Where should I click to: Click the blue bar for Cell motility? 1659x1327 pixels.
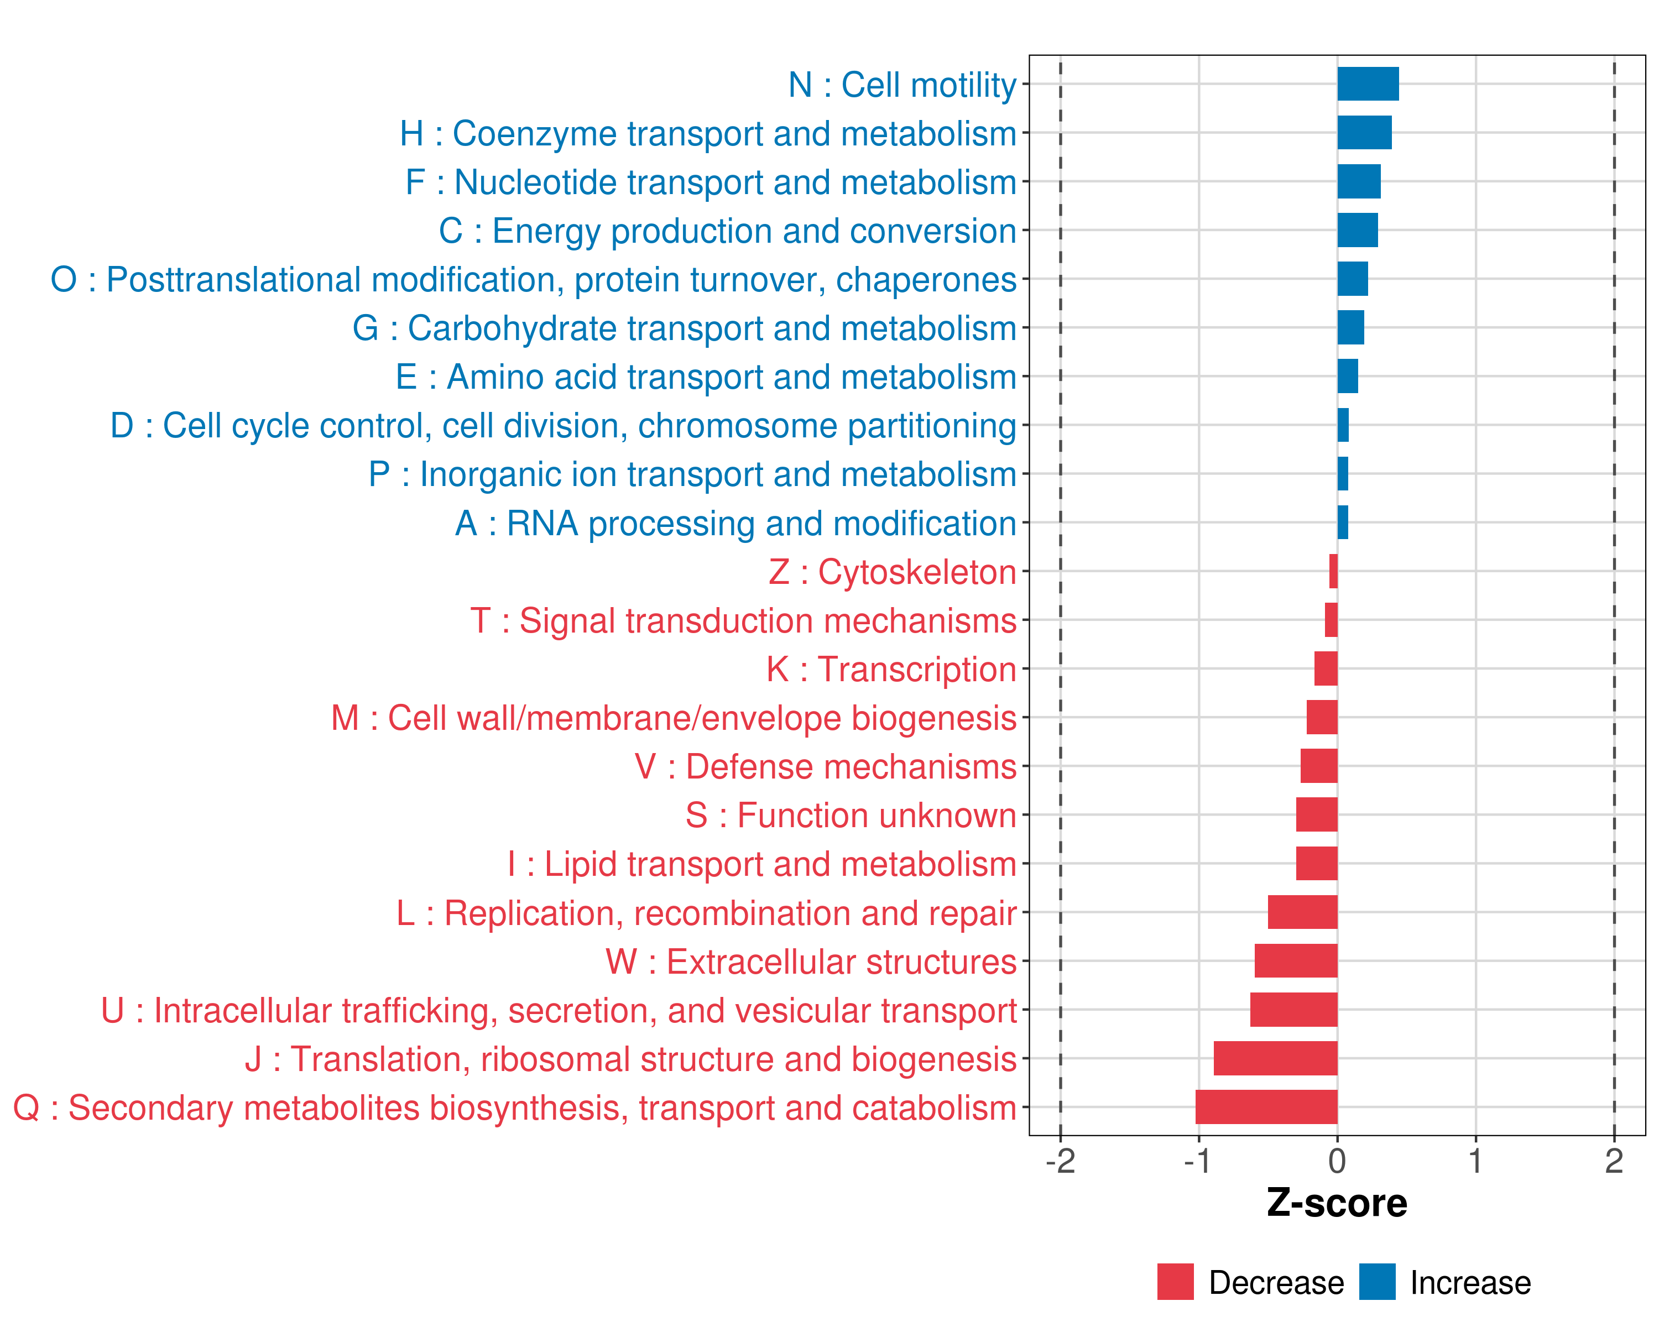[x=1368, y=84]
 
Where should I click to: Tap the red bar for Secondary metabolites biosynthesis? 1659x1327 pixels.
[x=1266, y=1107]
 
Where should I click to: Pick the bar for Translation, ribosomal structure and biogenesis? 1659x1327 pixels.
[x=1275, y=1058]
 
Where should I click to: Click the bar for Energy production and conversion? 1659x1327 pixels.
[x=1358, y=230]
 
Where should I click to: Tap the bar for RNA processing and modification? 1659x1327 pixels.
[x=1343, y=523]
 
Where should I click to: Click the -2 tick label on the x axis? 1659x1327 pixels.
[x=1060, y=1161]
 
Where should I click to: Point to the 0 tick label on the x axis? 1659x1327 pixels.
[x=1337, y=1161]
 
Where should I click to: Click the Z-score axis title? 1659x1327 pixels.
[x=1337, y=1203]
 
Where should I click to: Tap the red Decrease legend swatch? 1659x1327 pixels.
[x=1175, y=1282]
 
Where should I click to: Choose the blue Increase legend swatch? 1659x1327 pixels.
[x=1376, y=1282]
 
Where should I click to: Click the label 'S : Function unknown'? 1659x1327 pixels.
[x=851, y=816]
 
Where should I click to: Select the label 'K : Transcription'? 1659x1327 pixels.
[x=891, y=669]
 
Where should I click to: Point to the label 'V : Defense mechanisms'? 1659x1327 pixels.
[x=825, y=767]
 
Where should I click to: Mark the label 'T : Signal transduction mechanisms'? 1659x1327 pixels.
[x=743, y=621]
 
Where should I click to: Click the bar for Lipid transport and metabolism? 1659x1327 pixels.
[x=1317, y=863]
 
